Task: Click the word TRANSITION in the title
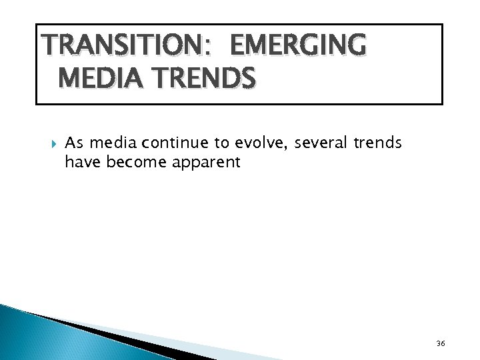click(x=107, y=47)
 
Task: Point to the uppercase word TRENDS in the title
click(x=198, y=79)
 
